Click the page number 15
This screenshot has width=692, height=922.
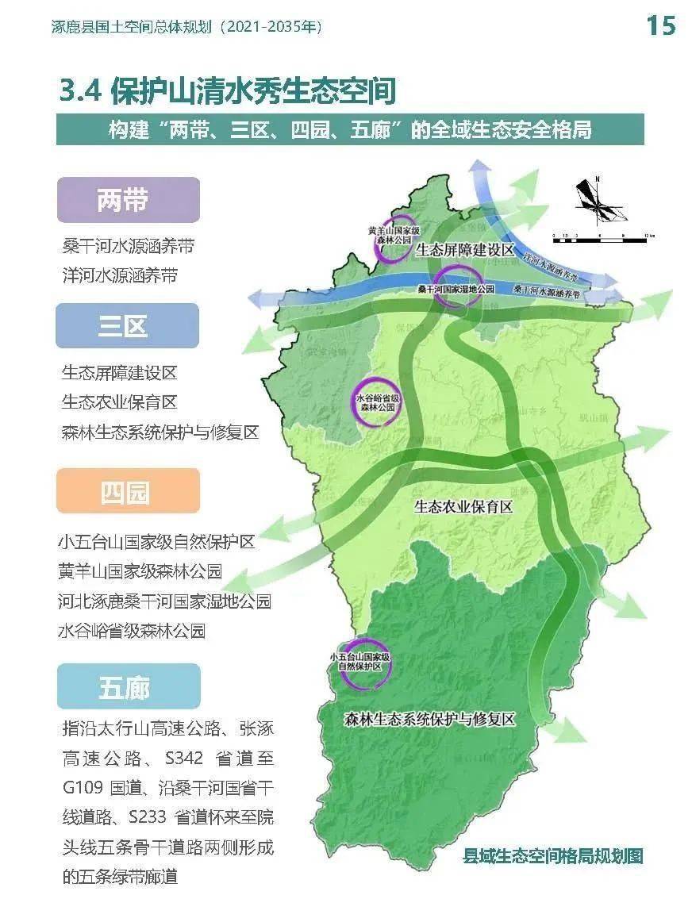tap(660, 25)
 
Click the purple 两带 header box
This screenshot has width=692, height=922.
tap(127, 200)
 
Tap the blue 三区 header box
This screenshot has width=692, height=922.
tap(127, 326)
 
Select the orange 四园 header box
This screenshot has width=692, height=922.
tap(127, 491)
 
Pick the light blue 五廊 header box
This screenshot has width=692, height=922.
tap(128, 686)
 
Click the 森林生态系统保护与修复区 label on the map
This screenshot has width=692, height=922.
tap(430, 720)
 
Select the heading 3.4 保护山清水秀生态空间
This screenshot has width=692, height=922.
tap(227, 91)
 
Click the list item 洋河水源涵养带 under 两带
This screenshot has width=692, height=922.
tap(120, 275)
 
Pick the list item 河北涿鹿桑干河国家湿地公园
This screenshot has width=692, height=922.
tap(164, 601)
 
